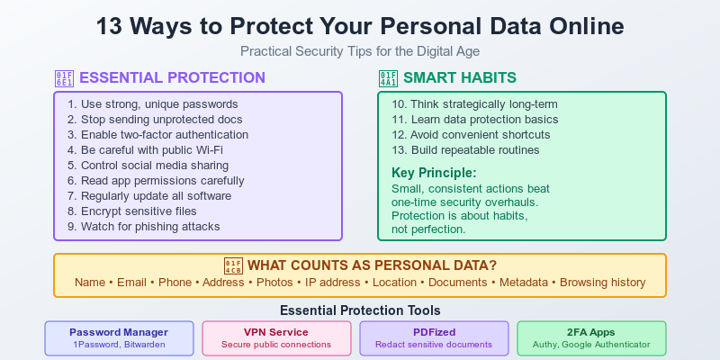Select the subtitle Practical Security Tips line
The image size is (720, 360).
tap(360, 52)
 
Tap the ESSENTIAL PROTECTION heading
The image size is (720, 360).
tap(173, 77)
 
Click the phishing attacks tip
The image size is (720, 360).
tap(143, 227)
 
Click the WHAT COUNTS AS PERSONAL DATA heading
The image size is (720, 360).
tap(372, 265)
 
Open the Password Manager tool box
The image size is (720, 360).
tap(119, 337)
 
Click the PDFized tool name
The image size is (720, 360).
tap(434, 331)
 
